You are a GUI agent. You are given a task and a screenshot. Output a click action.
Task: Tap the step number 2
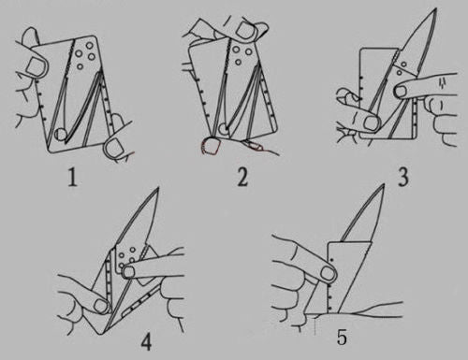[242, 178]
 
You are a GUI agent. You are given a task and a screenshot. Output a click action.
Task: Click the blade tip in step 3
[434, 11]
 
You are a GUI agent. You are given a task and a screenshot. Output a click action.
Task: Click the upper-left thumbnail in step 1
[35, 65]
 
